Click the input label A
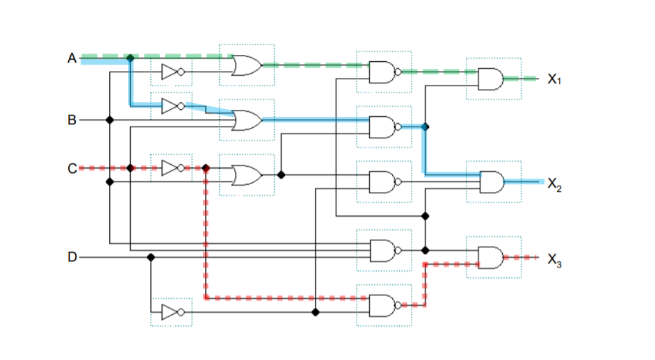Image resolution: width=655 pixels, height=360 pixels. [x=72, y=58]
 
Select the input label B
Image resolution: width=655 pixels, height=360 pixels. [x=72, y=120]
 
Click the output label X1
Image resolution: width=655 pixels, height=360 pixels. [x=554, y=79]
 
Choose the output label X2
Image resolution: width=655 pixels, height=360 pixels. [x=554, y=183]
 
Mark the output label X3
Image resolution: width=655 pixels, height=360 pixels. [x=554, y=260]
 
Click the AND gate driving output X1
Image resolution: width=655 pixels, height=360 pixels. [x=491, y=79]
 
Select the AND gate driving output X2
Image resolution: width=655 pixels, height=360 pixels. [x=492, y=182]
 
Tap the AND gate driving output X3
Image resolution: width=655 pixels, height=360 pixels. [x=491, y=258]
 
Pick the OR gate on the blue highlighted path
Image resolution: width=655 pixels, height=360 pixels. [x=247, y=120]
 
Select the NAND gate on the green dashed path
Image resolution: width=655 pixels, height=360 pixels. [x=382, y=72]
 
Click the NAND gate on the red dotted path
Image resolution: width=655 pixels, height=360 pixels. [x=382, y=304]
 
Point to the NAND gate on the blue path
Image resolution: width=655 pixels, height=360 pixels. [x=382, y=127]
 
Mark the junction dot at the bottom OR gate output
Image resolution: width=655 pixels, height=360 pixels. [x=281, y=175]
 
